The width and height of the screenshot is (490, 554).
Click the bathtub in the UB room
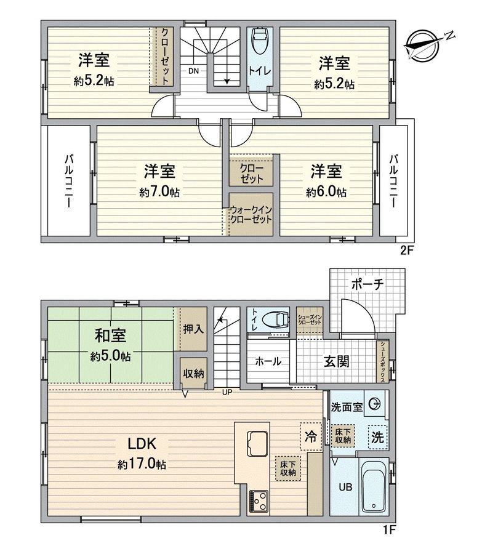[x=373, y=488]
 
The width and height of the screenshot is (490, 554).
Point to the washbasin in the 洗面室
[x=374, y=405]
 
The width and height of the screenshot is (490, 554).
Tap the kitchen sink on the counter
[x=255, y=441]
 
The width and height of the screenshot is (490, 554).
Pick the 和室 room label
[x=111, y=335]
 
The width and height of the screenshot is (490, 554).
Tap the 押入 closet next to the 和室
[x=193, y=329]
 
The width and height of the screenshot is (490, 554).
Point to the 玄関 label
[x=336, y=361]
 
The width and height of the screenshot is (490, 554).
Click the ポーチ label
[x=368, y=284]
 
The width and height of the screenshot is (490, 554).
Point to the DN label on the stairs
[x=193, y=70]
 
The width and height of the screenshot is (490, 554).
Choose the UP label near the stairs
[x=227, y=391]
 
